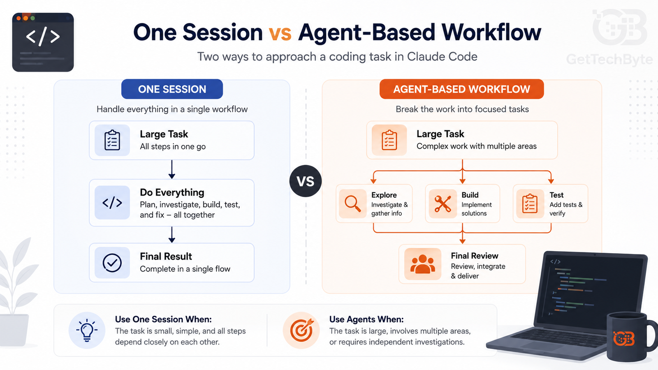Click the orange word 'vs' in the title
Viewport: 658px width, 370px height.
pyautogui.click(x=280, y=33)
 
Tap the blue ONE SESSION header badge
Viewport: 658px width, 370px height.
pyautogui.click(x=172, y=89)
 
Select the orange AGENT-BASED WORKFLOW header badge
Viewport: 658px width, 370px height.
pyautogui.click(x=461, y=89)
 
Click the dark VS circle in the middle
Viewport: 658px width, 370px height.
pyautogui.click(x=306, y=181)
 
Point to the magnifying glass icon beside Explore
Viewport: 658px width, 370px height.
pyautogui.click(x=352, y=204)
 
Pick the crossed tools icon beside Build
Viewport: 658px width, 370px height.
pyautogui.click(x=443, y=204)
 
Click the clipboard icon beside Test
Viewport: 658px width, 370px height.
pyautogui.click(x=530, y=203)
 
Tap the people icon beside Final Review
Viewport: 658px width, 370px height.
pyautogui.click(x=422, y=264)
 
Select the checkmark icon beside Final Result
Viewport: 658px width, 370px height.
pyautogui.click(x=112, y=263)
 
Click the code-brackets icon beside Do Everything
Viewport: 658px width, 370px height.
pyautogui.click(x=112, y=203)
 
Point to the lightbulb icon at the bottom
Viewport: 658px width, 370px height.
pyautogui.click(x=87, y=330)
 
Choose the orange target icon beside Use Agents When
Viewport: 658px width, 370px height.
pyautogui.click(x=302, y=330)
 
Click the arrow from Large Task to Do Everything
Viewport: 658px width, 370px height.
pyautogui.click(x=172, y=169)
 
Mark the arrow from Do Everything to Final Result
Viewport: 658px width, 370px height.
pyautogui.click(x=172, y=234)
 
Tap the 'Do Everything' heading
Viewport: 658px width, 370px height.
pyautogui.click(x=172, y=192)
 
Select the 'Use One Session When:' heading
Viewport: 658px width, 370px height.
pyautogui.click(x=163, y=319)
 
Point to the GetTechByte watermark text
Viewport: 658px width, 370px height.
pyautogui.click(x=609, y=60)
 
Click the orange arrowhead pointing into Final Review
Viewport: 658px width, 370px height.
pyautogui.click(x=462, y=241)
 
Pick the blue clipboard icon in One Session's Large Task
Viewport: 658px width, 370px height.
pyautogui.click(x=112, y=140)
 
